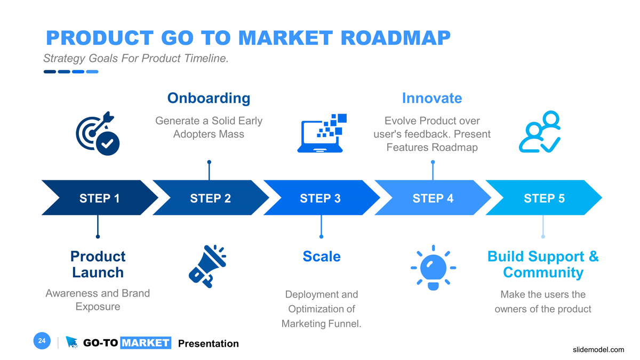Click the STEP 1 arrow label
coord(99,198)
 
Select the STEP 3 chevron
coord(320,198)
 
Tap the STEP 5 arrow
coord(544,198)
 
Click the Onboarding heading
coord(209,98)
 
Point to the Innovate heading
coord(431,98)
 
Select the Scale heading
coord(321,257)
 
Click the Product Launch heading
coord(98,265)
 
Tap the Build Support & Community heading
coord(543,265)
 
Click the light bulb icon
coord(433,267)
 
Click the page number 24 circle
coord(42,341)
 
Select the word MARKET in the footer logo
coord(145,343)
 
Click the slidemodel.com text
coord(598,350)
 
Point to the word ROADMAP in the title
coord(395,38)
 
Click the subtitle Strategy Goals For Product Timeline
coord(135,59)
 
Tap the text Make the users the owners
coord(543,301)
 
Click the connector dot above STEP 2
coord(209,162)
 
